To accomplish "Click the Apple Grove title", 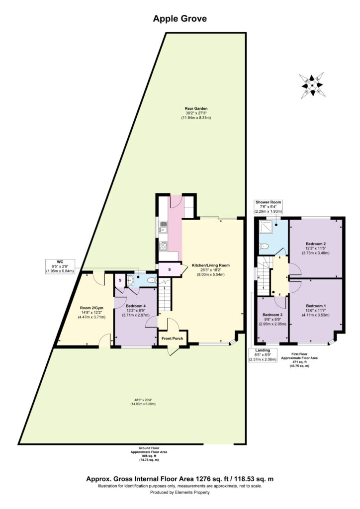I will point(180,19).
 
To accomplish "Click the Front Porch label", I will point(173,339).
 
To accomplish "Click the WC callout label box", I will point(59,266).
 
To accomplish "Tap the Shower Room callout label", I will point(269,207).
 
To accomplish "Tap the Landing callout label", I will point(264,353).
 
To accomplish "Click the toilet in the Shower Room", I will point(264,246).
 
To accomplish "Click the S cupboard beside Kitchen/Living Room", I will point(169,270).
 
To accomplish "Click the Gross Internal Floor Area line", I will point(180,479).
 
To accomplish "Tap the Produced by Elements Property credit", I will point(180,493).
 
